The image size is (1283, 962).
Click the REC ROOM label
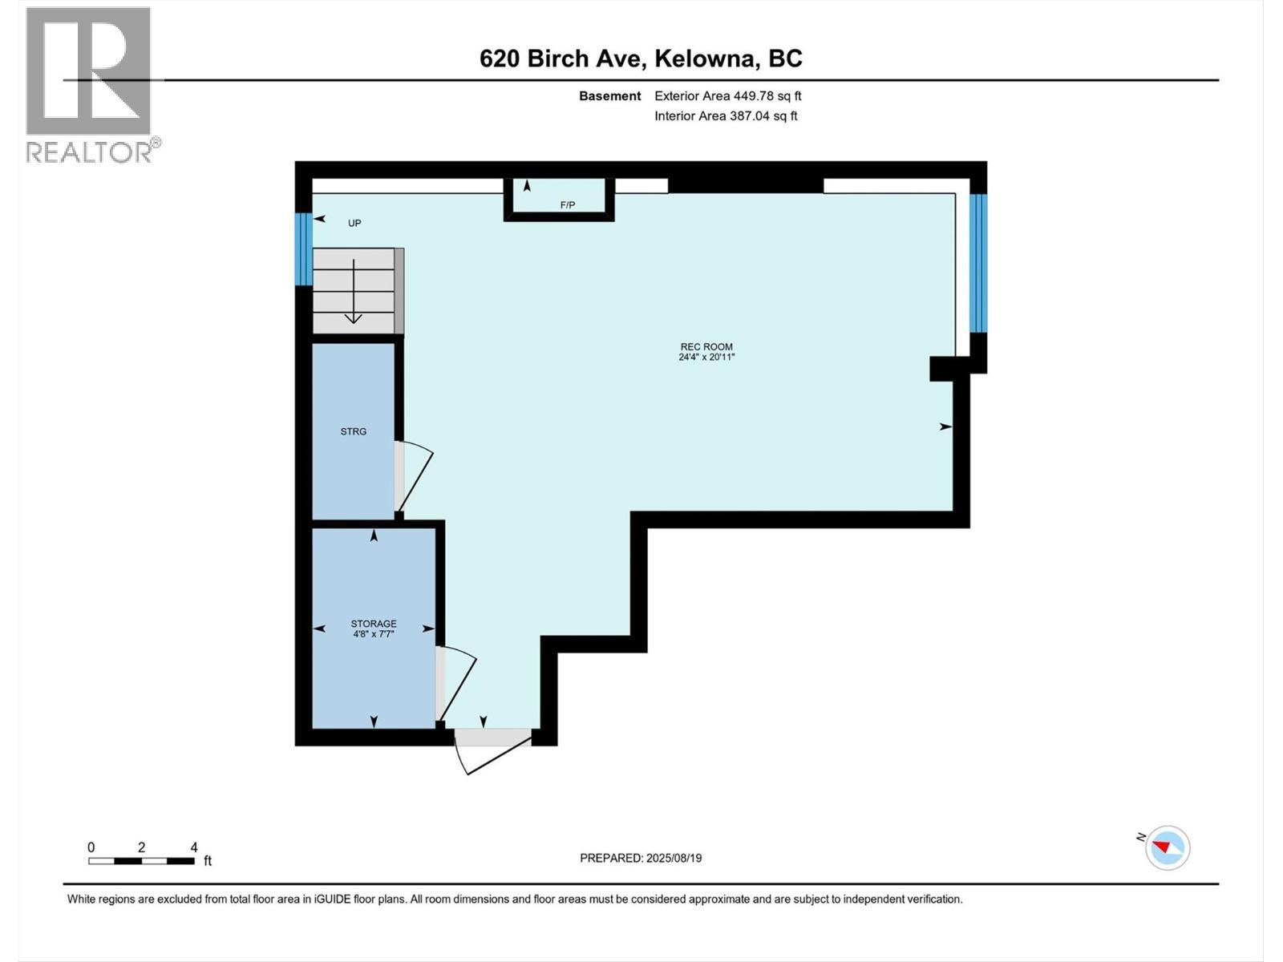(x=706, y=347)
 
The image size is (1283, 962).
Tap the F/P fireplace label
(x=568, y=205)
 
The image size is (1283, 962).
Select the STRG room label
(x=354, y=431)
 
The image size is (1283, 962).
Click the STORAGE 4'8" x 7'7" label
(x=374, y=629)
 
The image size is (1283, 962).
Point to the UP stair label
(x=354, y=223)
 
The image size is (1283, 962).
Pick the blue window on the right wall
(x=978, y=263)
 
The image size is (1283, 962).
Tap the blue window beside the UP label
(x=303, y=249)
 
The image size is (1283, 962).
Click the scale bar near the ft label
(x=142, y=861)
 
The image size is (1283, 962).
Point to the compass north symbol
(x=1167, y=847)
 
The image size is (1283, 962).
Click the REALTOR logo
(x=90, y=83)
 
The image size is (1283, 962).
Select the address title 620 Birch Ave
(x=641, y=59)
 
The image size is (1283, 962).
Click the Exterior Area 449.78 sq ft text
(x=727, y=96)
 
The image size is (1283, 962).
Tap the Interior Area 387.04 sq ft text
(x=726, y=115)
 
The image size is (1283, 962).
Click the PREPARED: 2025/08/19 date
(x=641, y=858)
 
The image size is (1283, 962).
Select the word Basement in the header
(x=610, y=96)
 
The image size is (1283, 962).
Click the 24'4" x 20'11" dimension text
(x=706, y=358)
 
